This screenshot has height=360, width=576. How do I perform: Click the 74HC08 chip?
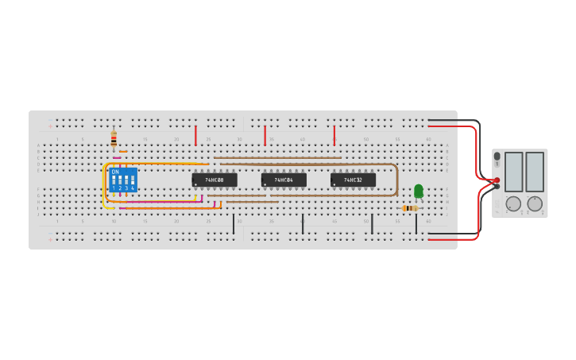(x=215, y=180)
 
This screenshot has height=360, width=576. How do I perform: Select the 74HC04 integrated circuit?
(x=284, y=180)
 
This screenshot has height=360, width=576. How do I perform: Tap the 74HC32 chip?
(x=353, y=180)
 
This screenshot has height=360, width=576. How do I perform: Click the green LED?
(x=419, y=191)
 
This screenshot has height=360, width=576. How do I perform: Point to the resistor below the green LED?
(x=409, y=208)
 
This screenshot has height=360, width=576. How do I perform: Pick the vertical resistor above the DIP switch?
(x=114, y=139)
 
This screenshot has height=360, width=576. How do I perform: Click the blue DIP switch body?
(x=123, y=180)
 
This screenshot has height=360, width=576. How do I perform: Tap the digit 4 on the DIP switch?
(x=133, y=188)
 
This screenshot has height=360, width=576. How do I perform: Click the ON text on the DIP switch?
(x=115, y=172)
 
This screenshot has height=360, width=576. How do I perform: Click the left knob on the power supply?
(x=513, y=204)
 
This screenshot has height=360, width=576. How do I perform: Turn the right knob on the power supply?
(x=535, y=204)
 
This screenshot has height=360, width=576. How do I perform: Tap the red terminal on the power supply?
(x=497, y=180)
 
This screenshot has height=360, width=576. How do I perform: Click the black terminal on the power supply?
(x=497, y=187)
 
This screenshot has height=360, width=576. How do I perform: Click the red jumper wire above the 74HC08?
(x=195, y=135)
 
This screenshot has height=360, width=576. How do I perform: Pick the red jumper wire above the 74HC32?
(x=334, y=135)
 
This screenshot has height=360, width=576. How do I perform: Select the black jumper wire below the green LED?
(x=416, y=224)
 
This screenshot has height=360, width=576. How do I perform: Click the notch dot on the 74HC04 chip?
(x=265, y=184)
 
